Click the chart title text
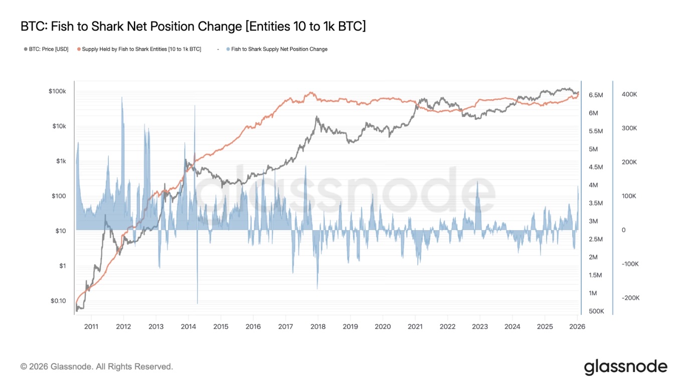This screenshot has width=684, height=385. point(193,26)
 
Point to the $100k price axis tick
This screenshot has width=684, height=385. point(58,91)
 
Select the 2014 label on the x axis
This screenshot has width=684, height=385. point(188,327)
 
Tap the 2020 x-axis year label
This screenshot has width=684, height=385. point(383,327)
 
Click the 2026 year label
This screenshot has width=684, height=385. point(577,327)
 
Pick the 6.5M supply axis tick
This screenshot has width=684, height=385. point(596,95)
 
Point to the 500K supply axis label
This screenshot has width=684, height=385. point(596,311)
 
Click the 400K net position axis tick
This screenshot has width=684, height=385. point(629,94)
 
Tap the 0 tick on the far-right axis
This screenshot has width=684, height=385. point(623,230)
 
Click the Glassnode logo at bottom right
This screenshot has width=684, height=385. point(625,367)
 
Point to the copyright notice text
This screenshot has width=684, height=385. point(97,367)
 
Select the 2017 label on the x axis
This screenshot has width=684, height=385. point(285,327)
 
